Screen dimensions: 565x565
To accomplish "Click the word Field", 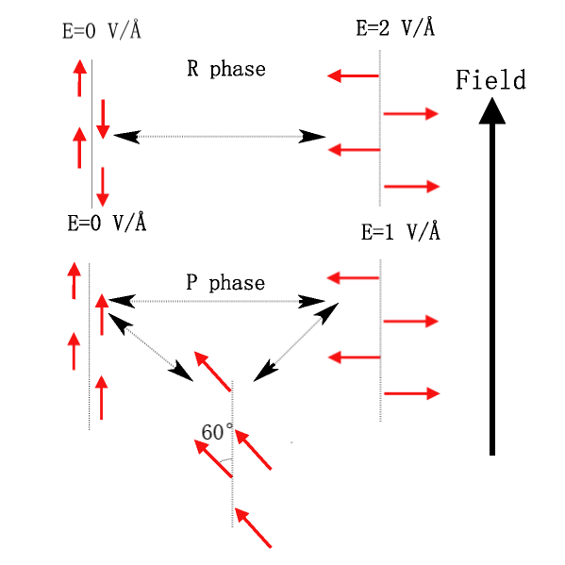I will (x=490, y=80).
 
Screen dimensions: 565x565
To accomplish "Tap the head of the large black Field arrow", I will (x=491, y=110).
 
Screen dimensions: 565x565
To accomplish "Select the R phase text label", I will (x=225, y=69).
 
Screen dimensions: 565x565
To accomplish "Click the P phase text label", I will (x=224, y=283).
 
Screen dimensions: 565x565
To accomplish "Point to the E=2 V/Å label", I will (x=395, y=27).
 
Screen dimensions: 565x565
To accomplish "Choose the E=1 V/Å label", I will (x=400, y=232).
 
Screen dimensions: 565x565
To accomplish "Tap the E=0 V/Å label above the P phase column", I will (x=106, y=224).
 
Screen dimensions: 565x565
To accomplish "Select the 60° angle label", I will (x=217, y=432).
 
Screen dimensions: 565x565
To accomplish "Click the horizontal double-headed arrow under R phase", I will (x=219, y=137).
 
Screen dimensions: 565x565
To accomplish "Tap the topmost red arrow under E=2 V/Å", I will (x=353, y=75).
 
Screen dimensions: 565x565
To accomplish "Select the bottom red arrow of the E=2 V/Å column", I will (x=412, y=187).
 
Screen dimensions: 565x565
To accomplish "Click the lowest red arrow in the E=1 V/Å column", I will (x=412, y=393).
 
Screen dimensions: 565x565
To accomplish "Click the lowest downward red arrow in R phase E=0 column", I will (x=102, y=187).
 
